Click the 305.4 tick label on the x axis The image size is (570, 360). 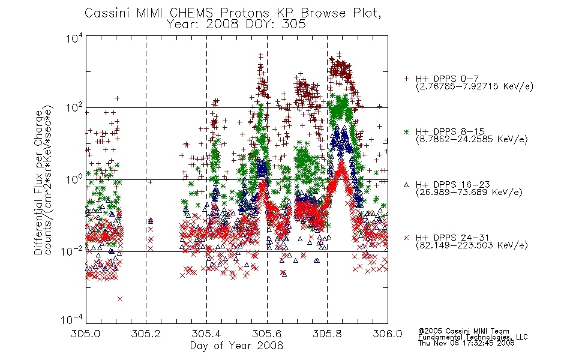206,334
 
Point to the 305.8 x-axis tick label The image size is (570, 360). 327,334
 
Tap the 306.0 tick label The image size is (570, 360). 388,334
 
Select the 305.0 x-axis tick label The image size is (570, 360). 86,334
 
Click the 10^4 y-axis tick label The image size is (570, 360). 74,38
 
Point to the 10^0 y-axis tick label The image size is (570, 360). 74,179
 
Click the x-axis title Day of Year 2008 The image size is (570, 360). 236,346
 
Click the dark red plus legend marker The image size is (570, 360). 406,78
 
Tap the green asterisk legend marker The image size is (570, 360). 406,131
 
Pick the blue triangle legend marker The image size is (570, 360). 406,185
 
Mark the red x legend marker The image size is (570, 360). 406,238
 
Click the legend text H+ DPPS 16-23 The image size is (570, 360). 452,185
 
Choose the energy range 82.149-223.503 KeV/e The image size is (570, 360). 472,245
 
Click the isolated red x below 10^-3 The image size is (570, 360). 120,299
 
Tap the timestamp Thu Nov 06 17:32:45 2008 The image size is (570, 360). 466,343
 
